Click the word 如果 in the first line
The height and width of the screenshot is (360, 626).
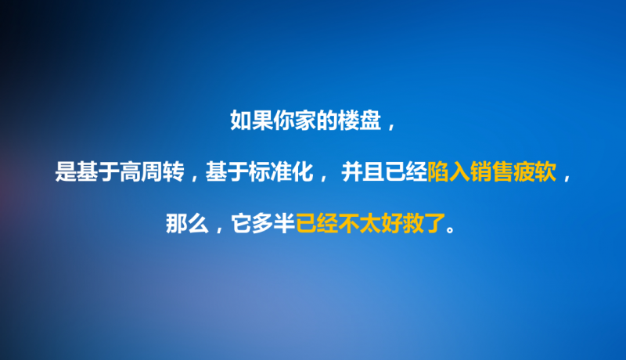point(251,121)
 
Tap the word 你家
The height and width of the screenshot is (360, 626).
point(295,121)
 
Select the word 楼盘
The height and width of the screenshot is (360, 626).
point(359,121)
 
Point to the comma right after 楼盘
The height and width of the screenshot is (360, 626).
point(390,127)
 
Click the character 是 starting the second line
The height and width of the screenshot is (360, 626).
point(66,172)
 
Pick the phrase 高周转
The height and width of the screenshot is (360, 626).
point(152,172)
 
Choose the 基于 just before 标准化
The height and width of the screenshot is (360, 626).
point(227,172)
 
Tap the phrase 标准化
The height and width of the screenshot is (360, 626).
point(281,172)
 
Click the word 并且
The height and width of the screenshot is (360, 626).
point(363,172)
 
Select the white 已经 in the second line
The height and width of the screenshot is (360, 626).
point(406,172)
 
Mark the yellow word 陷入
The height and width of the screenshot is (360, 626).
point(448,172)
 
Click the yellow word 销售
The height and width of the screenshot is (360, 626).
point(492,172)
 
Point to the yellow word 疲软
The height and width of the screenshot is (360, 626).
point(535,172)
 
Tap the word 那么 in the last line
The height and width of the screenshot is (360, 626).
point(187,224)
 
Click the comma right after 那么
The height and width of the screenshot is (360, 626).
point(218,230)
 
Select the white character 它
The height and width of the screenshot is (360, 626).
point(242,224)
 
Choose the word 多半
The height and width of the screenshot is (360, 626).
point(274,224)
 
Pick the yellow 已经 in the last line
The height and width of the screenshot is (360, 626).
point(317,224)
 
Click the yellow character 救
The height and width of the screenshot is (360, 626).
point(413,224)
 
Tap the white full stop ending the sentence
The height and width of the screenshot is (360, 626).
point(451,229)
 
